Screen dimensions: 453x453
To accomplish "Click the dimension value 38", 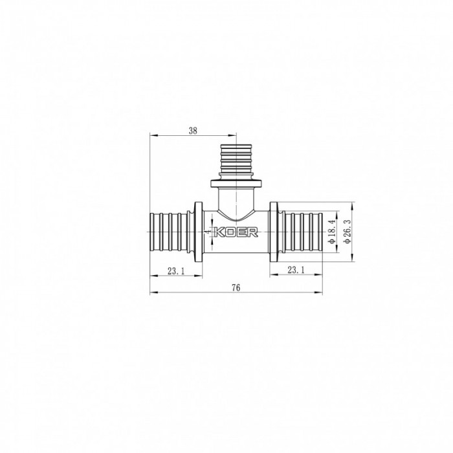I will pos(193,130).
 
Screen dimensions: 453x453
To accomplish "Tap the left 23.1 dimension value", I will pos(175,271).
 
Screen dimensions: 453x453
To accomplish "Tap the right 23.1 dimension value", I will pos(295,271).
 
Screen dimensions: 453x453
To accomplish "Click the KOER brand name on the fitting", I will pos(239,232).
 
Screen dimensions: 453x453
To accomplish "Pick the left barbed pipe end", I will pos(171,231).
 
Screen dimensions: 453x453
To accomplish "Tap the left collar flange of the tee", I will pos(196,231).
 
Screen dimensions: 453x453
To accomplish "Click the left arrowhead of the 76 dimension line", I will pos(152,294).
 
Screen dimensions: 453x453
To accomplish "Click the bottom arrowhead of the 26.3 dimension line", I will pos(352,258).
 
